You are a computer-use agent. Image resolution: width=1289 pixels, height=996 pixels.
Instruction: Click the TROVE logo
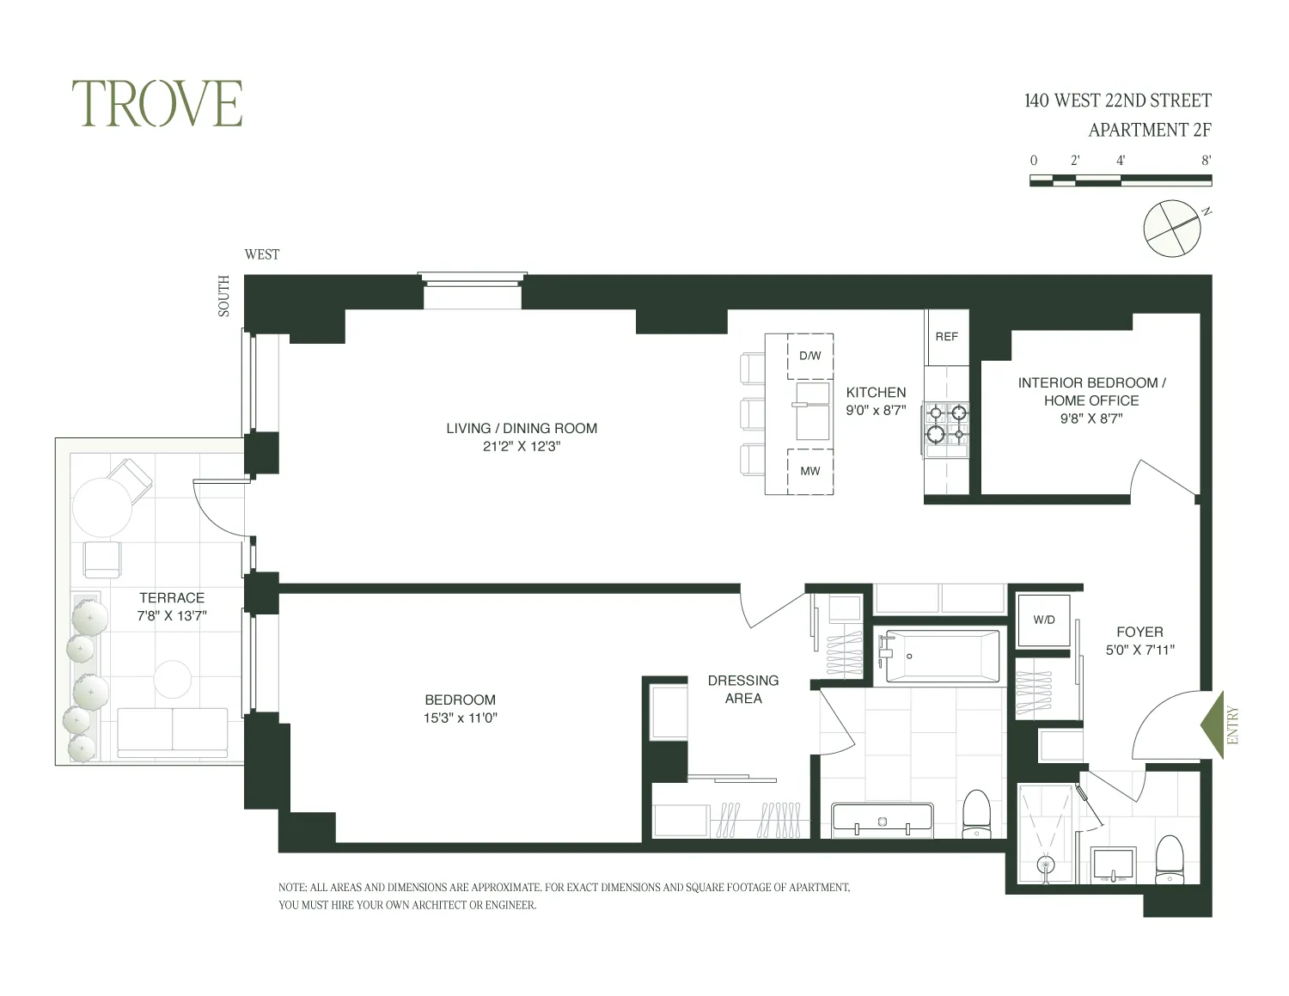point(156,104)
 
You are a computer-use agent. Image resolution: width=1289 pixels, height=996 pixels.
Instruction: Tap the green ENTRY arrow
point(1213,724)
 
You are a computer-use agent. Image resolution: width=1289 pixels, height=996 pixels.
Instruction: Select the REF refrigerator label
point(946,337)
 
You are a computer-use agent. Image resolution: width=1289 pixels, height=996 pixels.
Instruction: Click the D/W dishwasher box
point(809,356)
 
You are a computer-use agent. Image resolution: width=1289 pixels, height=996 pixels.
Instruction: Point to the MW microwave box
point(809,471)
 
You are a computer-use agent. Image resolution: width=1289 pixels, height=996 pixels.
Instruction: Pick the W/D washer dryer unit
point(1044,620)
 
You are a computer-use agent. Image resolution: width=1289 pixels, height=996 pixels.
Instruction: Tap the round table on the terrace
point(101,508)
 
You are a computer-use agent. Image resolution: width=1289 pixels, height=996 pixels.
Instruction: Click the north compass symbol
point(1171,228)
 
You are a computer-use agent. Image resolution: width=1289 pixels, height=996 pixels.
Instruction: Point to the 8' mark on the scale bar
point(1206,161)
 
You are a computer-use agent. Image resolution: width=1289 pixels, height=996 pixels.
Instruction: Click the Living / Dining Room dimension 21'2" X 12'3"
point(521,447)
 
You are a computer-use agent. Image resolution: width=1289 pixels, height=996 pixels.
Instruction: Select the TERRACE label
point(172,597)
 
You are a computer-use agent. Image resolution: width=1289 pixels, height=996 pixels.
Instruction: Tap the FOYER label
point(1139,632)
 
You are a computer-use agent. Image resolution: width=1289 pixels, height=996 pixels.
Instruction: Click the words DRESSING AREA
point(742,689)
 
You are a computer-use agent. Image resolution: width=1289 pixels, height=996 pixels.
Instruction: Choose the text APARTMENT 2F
point(1149,131)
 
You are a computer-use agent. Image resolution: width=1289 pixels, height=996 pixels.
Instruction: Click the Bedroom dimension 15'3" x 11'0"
point(460,718)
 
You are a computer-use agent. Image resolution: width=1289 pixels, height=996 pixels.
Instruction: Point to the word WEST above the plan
point(261,254)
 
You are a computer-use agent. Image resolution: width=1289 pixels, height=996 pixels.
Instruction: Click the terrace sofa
point(172,730)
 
